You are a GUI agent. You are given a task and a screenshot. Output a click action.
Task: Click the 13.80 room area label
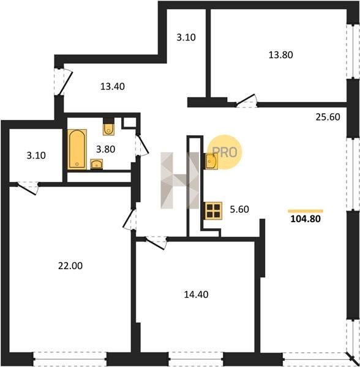pos(280,55)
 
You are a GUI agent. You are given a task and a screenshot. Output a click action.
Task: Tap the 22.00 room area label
pos(70,266)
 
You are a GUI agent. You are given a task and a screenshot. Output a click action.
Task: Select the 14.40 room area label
pos(197,294)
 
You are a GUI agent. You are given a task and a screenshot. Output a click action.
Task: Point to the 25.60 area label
pos(328,117)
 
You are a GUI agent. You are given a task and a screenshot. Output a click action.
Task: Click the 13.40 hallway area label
pos(113,87)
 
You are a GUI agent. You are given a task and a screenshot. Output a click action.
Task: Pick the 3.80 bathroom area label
pos(106,149)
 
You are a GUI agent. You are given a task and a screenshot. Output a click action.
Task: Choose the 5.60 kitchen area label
pos(239,209)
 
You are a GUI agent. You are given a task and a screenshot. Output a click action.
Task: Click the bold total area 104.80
pos(306,219)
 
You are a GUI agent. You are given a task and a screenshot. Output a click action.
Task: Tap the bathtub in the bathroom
pos(77,149)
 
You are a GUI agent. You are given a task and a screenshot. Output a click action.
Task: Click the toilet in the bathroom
pos(109,128)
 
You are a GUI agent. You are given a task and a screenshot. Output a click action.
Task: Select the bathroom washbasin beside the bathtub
pos(97,164)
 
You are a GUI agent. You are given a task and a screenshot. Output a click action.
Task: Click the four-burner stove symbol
pos(213,210)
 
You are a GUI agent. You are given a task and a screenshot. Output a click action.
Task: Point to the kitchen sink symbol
pos(211,161)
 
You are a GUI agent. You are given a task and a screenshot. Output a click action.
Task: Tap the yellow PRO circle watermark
pos(225,152)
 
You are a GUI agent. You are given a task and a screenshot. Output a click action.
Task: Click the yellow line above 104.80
pos(306,211)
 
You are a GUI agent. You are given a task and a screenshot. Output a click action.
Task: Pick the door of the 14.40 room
pos(155,243)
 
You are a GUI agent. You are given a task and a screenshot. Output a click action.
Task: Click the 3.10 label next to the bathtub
pos(36,155)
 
